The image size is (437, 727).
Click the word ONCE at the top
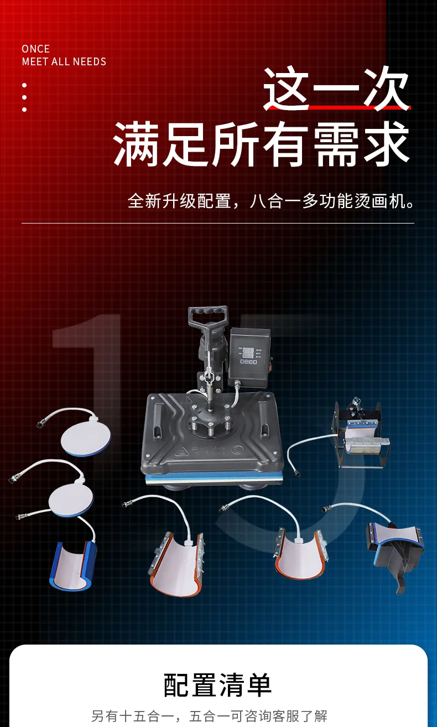click(x=36, y=49)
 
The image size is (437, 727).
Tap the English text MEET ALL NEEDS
click(x=64, y=61)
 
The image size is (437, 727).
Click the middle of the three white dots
click(x=24, y=97)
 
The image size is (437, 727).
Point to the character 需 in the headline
click(x=336, y=143)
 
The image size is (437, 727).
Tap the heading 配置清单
click(x=217, y=685)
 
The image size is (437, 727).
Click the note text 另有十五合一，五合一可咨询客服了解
click(x=209, y=716)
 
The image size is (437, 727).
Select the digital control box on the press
click(x=249, y=356)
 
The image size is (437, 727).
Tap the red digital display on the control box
click(x=248, y=353)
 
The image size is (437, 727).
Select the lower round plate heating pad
click(x=71, y=500)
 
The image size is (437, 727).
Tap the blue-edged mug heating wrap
click(x=74, y=565)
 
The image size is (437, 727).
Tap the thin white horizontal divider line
click(x=218, y=224)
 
